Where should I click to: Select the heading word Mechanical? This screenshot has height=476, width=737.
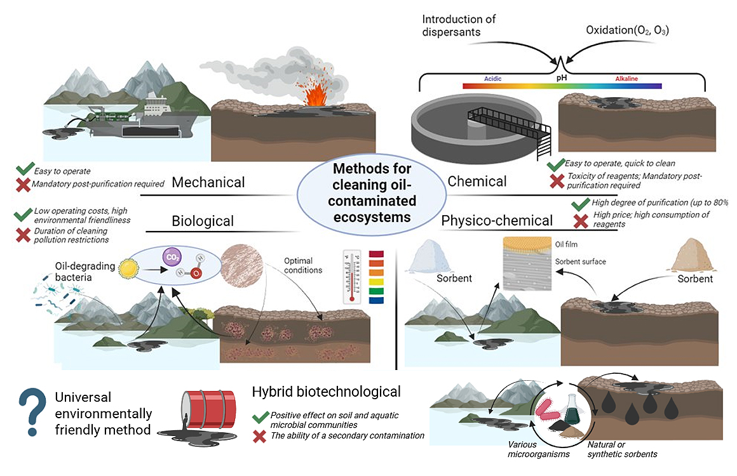[x=208, y=183]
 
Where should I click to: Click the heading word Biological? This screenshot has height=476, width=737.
[x=203, y=221]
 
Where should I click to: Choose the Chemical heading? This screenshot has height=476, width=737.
[x=477, y=182]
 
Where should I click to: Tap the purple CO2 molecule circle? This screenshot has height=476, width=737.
[x=170, y=258]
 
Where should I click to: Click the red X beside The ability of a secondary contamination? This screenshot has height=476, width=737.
[x=259, y=436]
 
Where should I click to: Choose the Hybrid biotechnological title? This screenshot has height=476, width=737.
[x=327, y=392]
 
